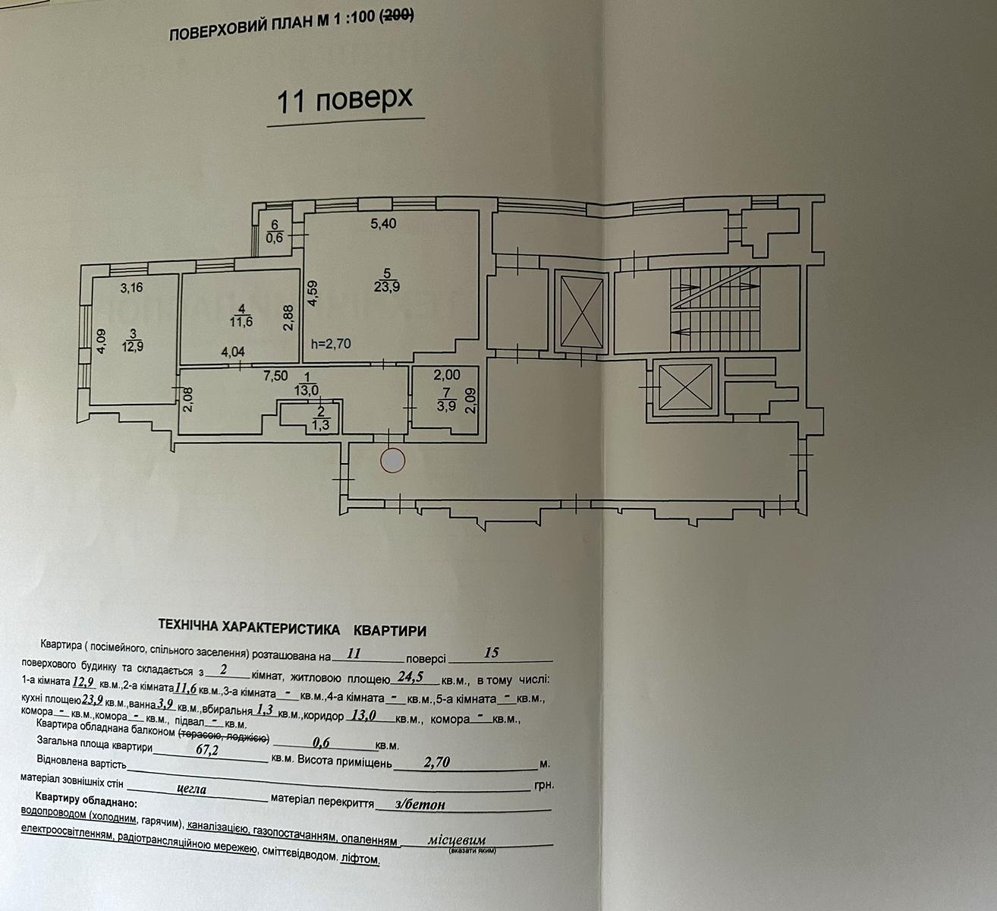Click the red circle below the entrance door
click(x=392, y=461)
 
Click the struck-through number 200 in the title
click(x=396, y=17)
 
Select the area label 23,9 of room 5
click(x=387, y=287)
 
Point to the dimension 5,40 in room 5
click(x=384, y=224)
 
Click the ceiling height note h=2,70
click(x=331, y=344)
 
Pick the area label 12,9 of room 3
click(x=133, y=347)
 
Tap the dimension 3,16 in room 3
click(x=132, y=288)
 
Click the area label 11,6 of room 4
click(x=241, y=322)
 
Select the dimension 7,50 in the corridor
click(x=275, y=376)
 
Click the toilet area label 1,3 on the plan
click(x=320, y=425)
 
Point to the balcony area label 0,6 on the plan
click(x=275, y=238)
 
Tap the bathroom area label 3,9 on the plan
click(x=446, y=406)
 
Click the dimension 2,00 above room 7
click(x=447, y=374)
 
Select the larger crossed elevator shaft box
click(x=581, y=311)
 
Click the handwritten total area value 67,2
click(x=207, y=749)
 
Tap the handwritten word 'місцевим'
click(x=457, y=840)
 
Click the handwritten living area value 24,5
click(x=410, y=676)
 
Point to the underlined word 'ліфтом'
click(x=360, y=859)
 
